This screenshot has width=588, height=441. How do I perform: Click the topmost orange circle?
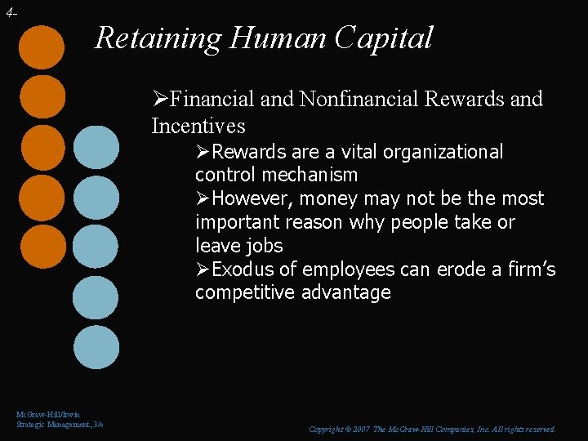click(42, 47)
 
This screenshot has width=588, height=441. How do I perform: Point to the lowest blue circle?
click(96, 347)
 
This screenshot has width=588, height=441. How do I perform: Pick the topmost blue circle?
click(96, 148)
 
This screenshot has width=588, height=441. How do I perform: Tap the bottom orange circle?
click(42, 247)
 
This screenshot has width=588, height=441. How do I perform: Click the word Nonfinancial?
click(359, 100)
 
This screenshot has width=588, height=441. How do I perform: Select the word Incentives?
click(198, 126)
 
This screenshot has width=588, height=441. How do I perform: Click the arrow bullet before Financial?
click(160, 100)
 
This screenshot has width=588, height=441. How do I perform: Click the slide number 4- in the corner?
click(10, 13)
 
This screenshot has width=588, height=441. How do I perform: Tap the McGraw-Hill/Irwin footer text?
click(48, 416)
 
